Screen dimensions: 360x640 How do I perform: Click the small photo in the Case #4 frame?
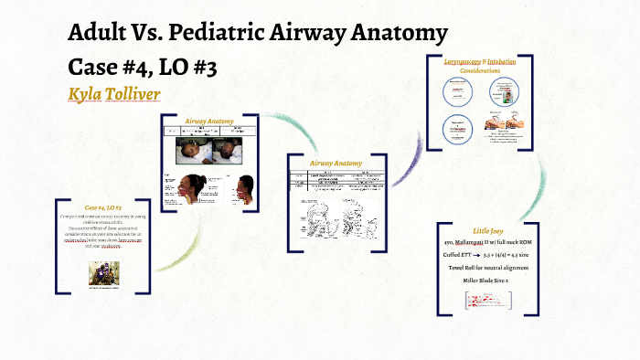[103, 272]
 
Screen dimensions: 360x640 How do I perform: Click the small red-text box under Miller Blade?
[489, 299]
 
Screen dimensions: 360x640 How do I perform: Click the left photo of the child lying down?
[193, 150]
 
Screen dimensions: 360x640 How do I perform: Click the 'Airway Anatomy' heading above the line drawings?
[336, 164]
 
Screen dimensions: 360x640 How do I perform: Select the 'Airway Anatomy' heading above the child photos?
[209, 121]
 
